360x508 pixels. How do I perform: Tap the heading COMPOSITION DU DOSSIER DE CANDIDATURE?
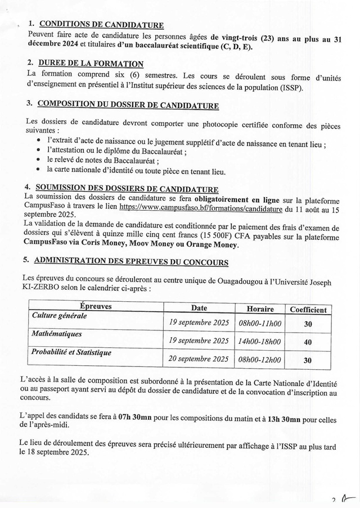tap(128, 104)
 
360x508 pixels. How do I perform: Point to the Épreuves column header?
tap(96, 307)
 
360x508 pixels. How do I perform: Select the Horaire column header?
tap(260, 309)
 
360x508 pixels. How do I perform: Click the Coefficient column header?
tap(308, 310)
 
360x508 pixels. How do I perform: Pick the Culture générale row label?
tap(60, 316)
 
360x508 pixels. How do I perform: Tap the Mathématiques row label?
tap(57, 334)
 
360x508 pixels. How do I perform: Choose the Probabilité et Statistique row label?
tap(71, 352)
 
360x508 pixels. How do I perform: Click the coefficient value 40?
tap(308, 342)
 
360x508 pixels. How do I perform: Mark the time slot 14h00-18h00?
tap(260, 341)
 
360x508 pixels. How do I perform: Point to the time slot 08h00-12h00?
tap(260, 360)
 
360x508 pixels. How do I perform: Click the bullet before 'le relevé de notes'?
tap(38, 160)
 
